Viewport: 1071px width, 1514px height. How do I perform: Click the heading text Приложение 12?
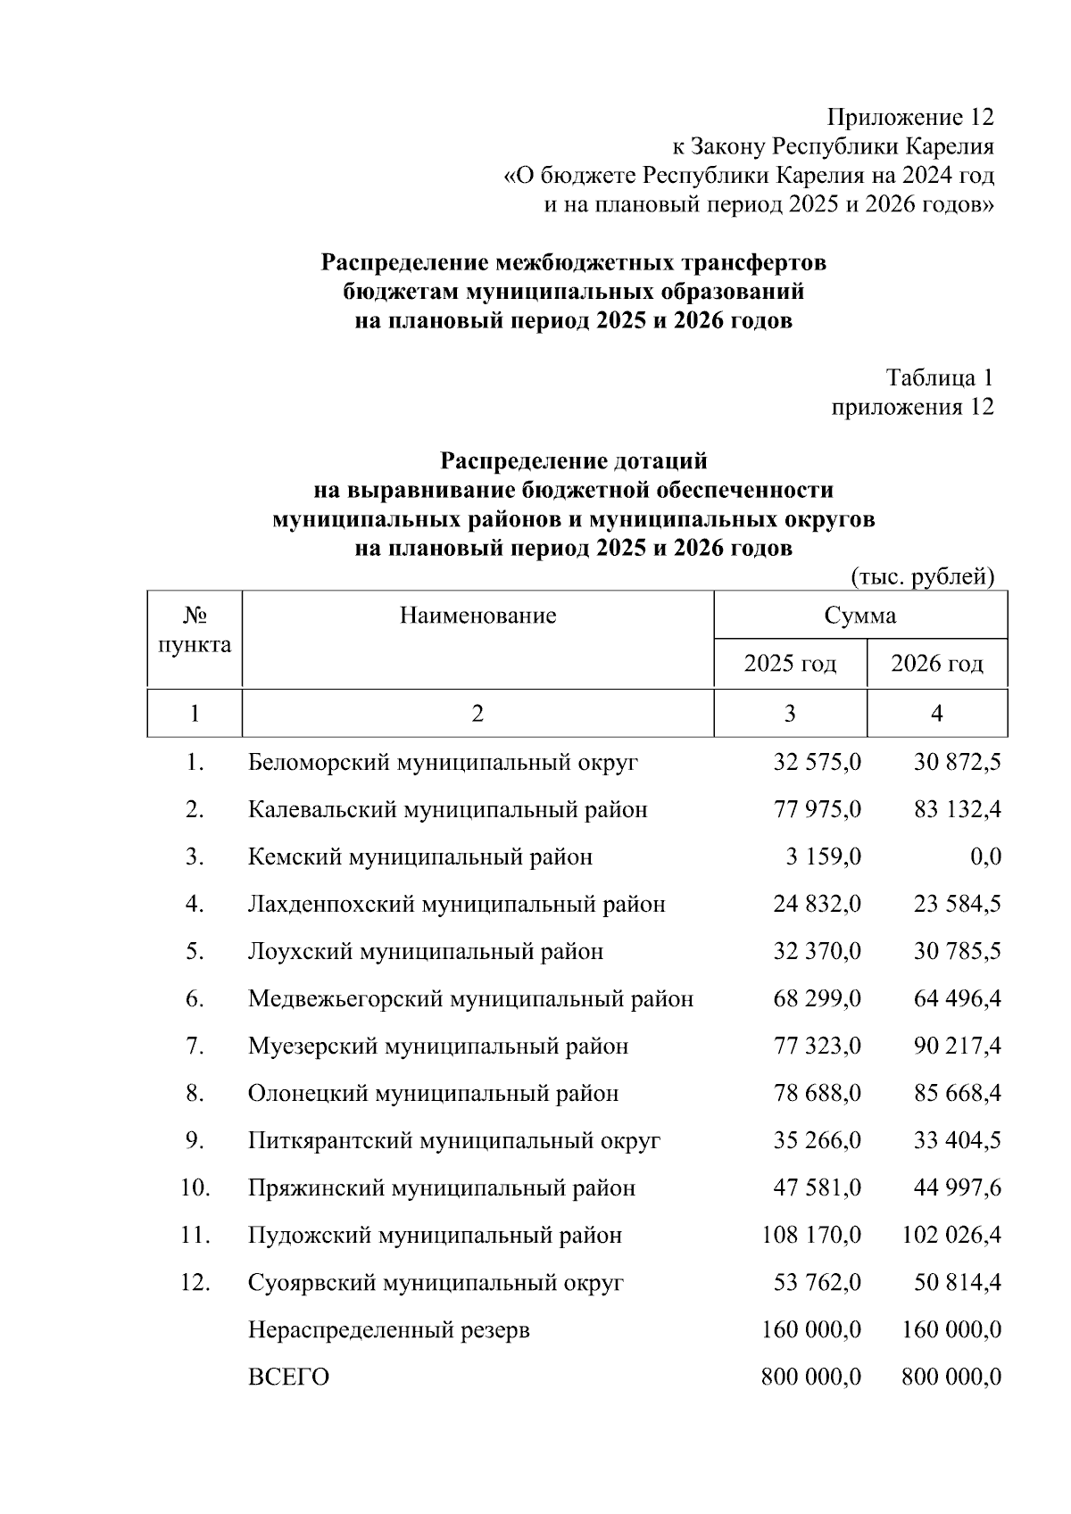click(x=909, y=117)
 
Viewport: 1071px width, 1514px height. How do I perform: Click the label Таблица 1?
click(x=939, y=378)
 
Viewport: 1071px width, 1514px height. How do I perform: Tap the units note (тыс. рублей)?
click(x=923, y=577)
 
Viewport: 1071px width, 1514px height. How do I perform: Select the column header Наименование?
click(x=477, y=616)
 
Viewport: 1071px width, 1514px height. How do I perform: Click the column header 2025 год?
click(x=790, y=664)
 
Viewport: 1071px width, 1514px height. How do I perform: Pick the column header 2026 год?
click(x=937, y=664)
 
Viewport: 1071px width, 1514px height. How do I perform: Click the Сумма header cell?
click(x=860, y=616)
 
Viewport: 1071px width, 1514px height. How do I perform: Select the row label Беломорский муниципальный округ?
click(x=443, y=763)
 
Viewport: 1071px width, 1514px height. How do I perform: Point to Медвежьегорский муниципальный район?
click(x=470, y=999)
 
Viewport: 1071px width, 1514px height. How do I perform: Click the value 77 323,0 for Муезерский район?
click(x=817, y=1047)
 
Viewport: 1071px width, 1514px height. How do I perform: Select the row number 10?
click(x=195, y=1188)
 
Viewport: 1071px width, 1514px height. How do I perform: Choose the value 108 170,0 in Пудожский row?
click(x=810, y=1236)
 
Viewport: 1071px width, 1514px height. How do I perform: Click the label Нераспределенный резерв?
click(x=388, y=1330)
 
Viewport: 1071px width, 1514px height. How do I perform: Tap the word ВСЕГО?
click(x=287, y=1377)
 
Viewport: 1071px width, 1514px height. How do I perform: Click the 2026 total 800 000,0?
click(x=951, y=1377)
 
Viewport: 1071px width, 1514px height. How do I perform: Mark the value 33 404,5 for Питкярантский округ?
click(x=957, y=1141)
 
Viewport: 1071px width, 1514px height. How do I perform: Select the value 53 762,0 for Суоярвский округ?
click(x=817, y=1283)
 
